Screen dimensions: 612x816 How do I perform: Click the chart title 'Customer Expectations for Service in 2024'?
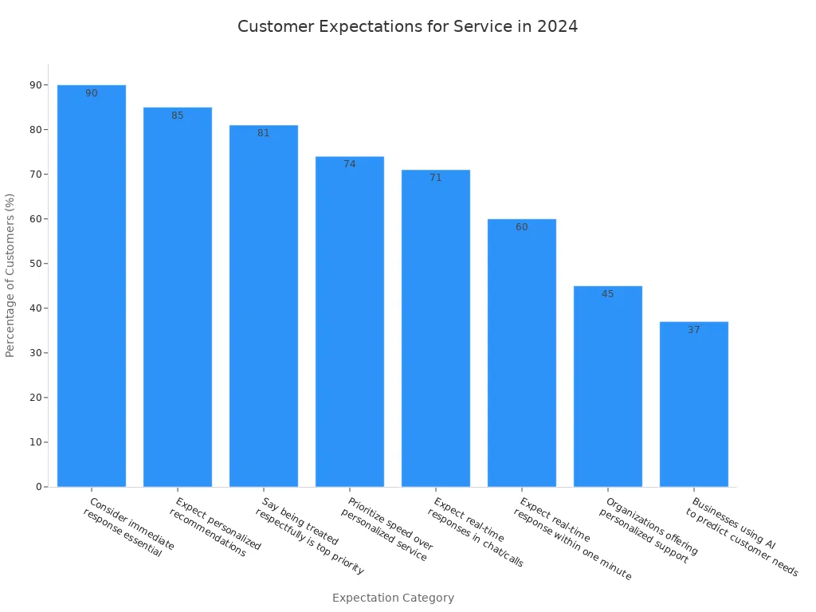(x=407, y=26)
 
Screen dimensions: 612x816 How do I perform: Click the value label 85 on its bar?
(x=178, y=116)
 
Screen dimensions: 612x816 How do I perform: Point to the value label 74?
(x=350, y=164)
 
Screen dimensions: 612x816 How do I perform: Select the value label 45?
(x=608, y=294)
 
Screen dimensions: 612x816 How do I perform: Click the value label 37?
(x=694, y=330)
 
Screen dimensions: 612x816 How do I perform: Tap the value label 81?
(x=264, y=133)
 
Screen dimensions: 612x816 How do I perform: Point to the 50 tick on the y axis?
(x=35, y=264)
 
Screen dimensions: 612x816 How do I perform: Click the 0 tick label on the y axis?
(x=38, y=487)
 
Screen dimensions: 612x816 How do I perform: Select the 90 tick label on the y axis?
(x=35, y=85)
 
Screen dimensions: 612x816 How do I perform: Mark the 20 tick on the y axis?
(x=35, y=398)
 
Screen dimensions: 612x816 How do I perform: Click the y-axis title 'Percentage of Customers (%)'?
(x=10, y=275)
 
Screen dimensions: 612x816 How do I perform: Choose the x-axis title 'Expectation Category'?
(x=393, y=598)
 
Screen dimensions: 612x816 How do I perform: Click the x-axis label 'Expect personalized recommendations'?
(x=214, y=528)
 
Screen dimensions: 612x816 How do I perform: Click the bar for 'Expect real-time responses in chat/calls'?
(x=436, y=328)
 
